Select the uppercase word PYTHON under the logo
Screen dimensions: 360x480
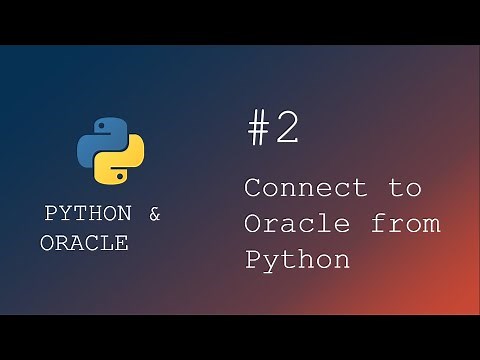pos(87,214)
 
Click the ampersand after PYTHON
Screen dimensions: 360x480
pos(153,214)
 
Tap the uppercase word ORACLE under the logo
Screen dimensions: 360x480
pos(84,243)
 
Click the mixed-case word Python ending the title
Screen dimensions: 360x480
pos(297,260)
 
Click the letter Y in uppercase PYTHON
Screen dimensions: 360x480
pos(65,214)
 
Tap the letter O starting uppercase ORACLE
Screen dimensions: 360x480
pos(47,243)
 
